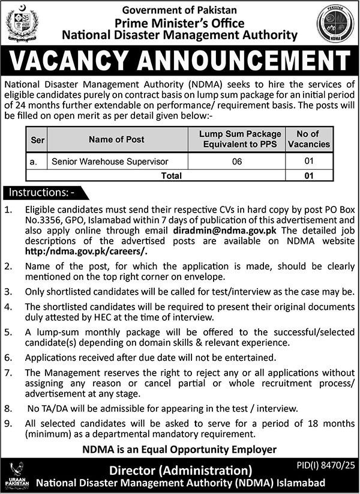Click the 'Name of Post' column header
[x=116, y=140]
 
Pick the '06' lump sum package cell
[x=239, y=161]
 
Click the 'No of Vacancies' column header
[x=308, y=139]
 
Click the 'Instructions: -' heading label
[x=41, y=193]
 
